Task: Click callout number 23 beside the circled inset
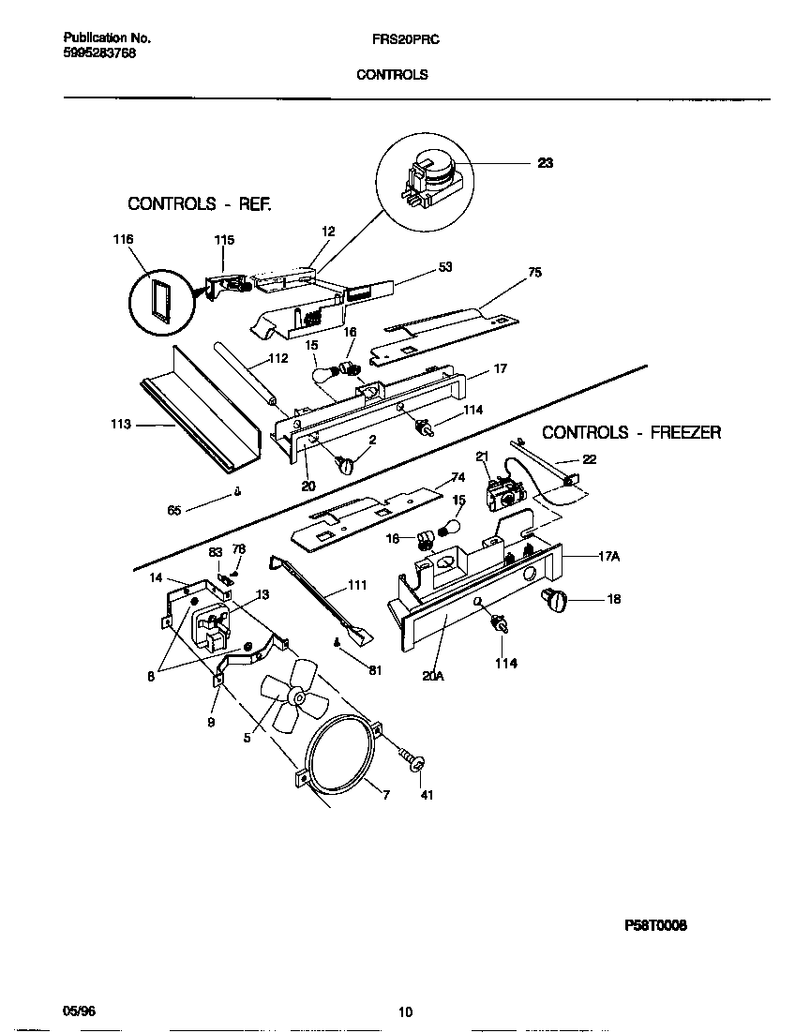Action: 545,163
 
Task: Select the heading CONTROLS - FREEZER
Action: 631,432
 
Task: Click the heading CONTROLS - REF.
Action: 200,203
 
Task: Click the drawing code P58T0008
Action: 655,925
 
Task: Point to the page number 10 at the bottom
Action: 404,1011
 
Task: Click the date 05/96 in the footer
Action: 79,1011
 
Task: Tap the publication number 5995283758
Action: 99,54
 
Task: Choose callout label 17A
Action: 608,556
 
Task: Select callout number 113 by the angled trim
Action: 121,425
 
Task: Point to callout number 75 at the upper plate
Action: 534,273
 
